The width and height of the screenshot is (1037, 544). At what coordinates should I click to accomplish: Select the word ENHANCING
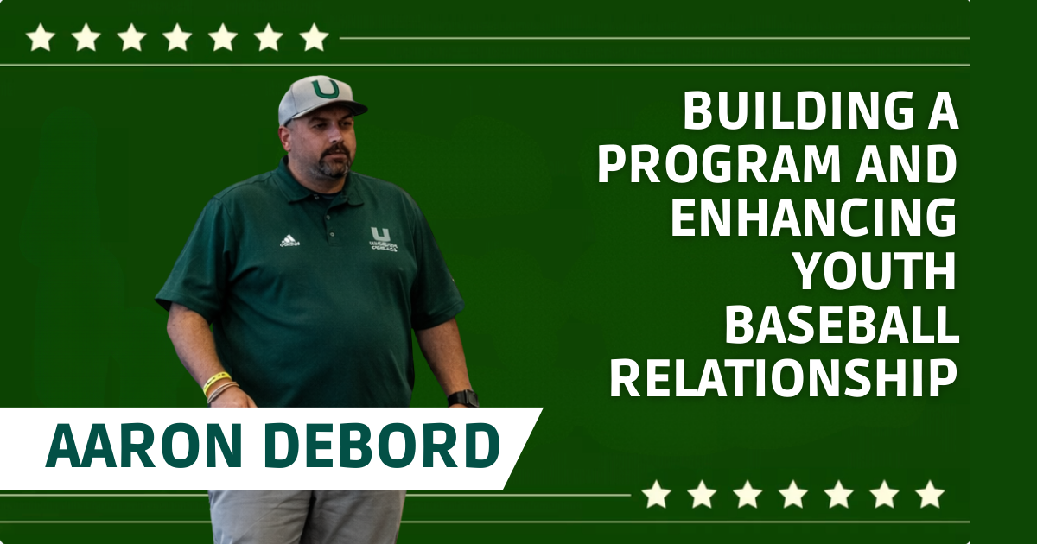(x=814, y=218)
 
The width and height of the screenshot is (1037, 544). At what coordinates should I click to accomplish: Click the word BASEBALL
(x=842, y=326)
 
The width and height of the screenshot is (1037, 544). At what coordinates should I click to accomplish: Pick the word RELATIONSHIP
(x=784, y=379)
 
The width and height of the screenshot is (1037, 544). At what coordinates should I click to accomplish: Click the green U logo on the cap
(x=325, y=88)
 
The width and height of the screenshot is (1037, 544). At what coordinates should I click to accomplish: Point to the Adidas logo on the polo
(x=289, y=240)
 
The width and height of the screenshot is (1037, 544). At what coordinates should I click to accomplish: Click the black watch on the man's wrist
(x=463, y=398)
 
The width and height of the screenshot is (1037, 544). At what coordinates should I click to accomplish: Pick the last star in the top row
(x=314, y=37)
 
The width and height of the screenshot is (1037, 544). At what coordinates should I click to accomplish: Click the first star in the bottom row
(x=656, y=495)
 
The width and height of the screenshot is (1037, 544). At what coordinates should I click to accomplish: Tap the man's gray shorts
(x=307, y=516)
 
